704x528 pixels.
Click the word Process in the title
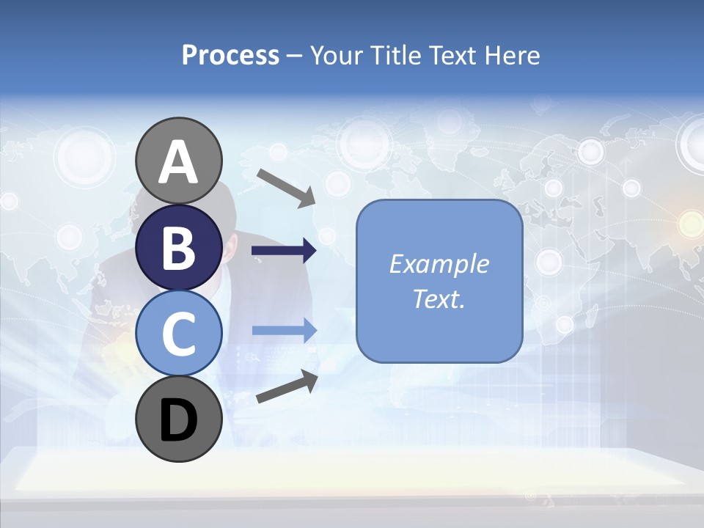tap(230, 56)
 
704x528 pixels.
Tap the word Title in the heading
tap(396, 56)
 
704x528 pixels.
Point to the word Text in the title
tap(455, 56)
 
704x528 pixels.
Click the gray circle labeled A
tap(179, 161)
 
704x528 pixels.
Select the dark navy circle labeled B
tap(179, 247)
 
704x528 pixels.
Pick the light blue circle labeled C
tap(179, 333)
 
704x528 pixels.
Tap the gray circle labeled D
tap(179, 419)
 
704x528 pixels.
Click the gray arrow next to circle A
tap(286, 188)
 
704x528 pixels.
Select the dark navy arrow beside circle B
tap(284, 252)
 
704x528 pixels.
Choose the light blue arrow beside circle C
tap(284, 331)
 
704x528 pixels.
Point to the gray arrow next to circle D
tap(287, 387)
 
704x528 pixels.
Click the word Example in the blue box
tap(439, 264)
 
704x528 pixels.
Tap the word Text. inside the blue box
tap(439, 298)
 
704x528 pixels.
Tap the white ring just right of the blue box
tap(549, 262)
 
